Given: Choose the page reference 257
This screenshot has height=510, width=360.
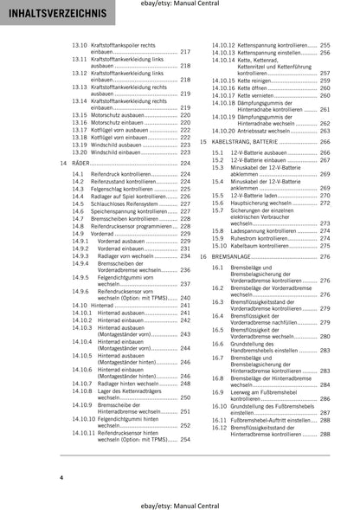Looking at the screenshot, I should tap(325, 73).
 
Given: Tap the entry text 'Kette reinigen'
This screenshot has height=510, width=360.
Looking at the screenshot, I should tap(259, 52).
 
